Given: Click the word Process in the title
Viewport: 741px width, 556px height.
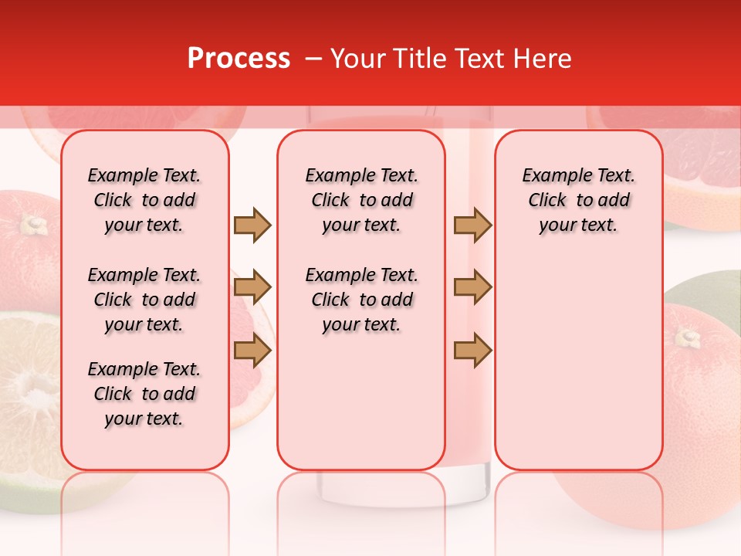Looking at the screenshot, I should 239,59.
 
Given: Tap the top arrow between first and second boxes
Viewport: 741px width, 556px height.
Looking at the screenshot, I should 252,225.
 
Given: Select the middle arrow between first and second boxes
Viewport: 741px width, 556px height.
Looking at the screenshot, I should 252,288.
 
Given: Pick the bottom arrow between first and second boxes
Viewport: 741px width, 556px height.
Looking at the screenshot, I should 252,351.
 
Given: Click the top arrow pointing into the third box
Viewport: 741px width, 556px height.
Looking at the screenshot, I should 472,225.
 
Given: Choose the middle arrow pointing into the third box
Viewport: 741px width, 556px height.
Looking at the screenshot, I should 472,288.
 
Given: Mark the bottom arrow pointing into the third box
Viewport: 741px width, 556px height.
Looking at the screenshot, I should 472,351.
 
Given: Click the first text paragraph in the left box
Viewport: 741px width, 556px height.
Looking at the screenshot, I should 144,200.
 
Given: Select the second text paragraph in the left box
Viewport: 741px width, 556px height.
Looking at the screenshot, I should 144,300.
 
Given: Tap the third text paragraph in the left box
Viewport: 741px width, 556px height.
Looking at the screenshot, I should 144,394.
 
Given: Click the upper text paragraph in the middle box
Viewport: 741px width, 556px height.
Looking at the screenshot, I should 361,200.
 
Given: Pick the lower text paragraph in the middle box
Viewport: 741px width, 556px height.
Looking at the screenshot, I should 361,300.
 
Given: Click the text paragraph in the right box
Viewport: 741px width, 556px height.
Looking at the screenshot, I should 578,200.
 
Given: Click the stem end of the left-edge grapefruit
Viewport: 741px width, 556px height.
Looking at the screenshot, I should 32,225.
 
